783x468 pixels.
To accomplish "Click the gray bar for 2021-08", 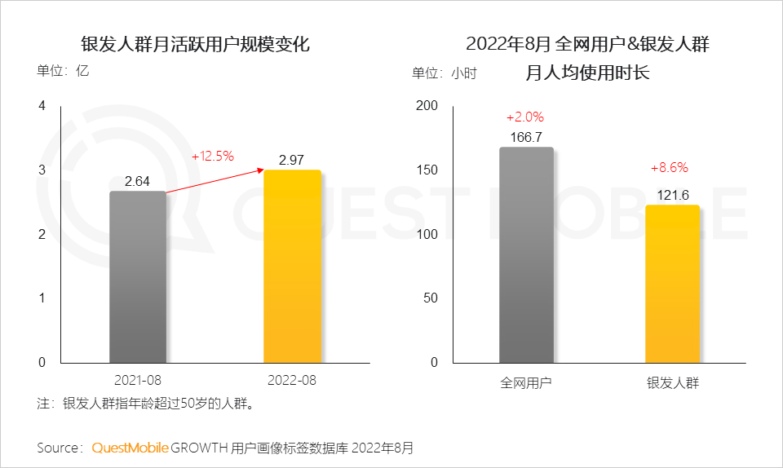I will point(137,277).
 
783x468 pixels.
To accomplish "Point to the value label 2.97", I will point(293,159).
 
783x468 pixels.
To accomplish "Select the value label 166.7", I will point(526,137).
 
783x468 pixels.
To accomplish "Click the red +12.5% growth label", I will point(213,156).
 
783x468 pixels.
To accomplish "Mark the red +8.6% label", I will point(670,168).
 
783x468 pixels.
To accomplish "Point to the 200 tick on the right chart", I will point(427,106).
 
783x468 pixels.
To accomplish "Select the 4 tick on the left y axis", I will point(42,106).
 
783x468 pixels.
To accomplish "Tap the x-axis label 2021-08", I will point(138,380).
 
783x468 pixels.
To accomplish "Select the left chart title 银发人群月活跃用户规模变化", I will point(196,44).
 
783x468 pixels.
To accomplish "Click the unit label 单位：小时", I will point(444,73).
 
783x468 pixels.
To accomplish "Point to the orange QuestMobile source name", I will point(130,448).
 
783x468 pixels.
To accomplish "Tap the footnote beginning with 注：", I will point(148,403).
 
